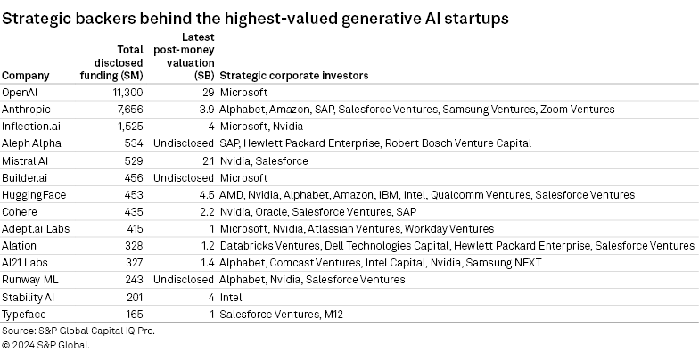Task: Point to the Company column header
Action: (26, 76)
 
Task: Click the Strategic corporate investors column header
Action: (293, 76)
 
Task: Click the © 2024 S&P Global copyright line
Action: (45, 346)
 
